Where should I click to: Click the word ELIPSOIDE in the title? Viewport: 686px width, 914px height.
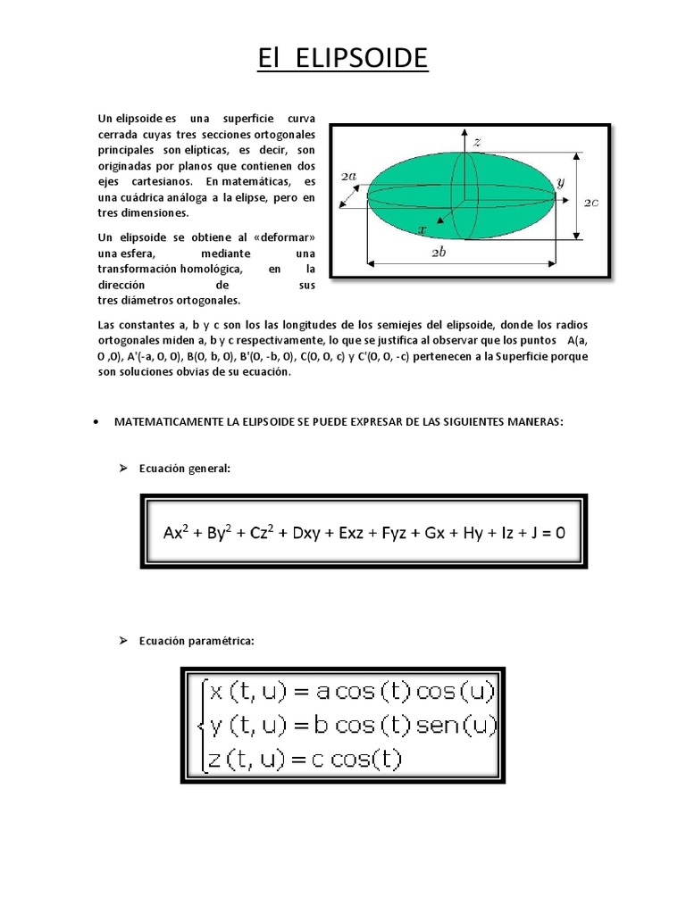pos(371,59)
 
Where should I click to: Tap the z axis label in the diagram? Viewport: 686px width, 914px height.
pos(478,142)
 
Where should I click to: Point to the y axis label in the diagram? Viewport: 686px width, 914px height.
pos(560,182)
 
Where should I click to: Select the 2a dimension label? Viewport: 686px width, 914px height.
pos(349,177)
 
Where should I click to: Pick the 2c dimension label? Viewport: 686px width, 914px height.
pos(591,203)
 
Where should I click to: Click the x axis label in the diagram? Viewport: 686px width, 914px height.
pos(422,229)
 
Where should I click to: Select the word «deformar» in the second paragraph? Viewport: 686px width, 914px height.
pos(285,237)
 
